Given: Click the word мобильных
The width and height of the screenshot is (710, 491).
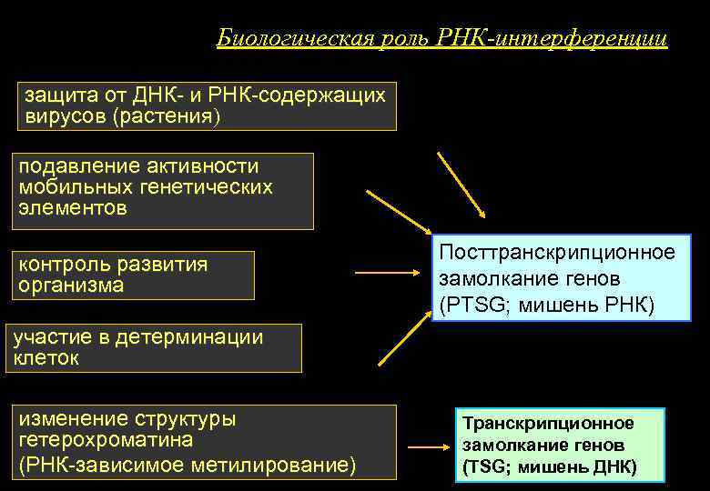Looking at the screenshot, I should pyautogui.click(x=72, y=187).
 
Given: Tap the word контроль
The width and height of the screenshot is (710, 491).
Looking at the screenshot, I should pyautogui.click(x=66, y=265).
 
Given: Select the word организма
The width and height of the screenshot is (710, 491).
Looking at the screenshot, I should pyautogui.click(x=70, y=286).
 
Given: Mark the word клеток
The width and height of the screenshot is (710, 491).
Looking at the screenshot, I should pyautogui.click(x=46, y=358).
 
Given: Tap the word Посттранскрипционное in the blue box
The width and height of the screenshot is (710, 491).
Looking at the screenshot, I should pyautogui.click(x=557, y=252).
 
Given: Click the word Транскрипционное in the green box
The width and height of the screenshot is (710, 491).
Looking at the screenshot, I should pyautogui.click(x=548, y=424).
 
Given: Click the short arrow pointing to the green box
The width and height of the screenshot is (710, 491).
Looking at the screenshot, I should pyautogui.click(x=426, y=447).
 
